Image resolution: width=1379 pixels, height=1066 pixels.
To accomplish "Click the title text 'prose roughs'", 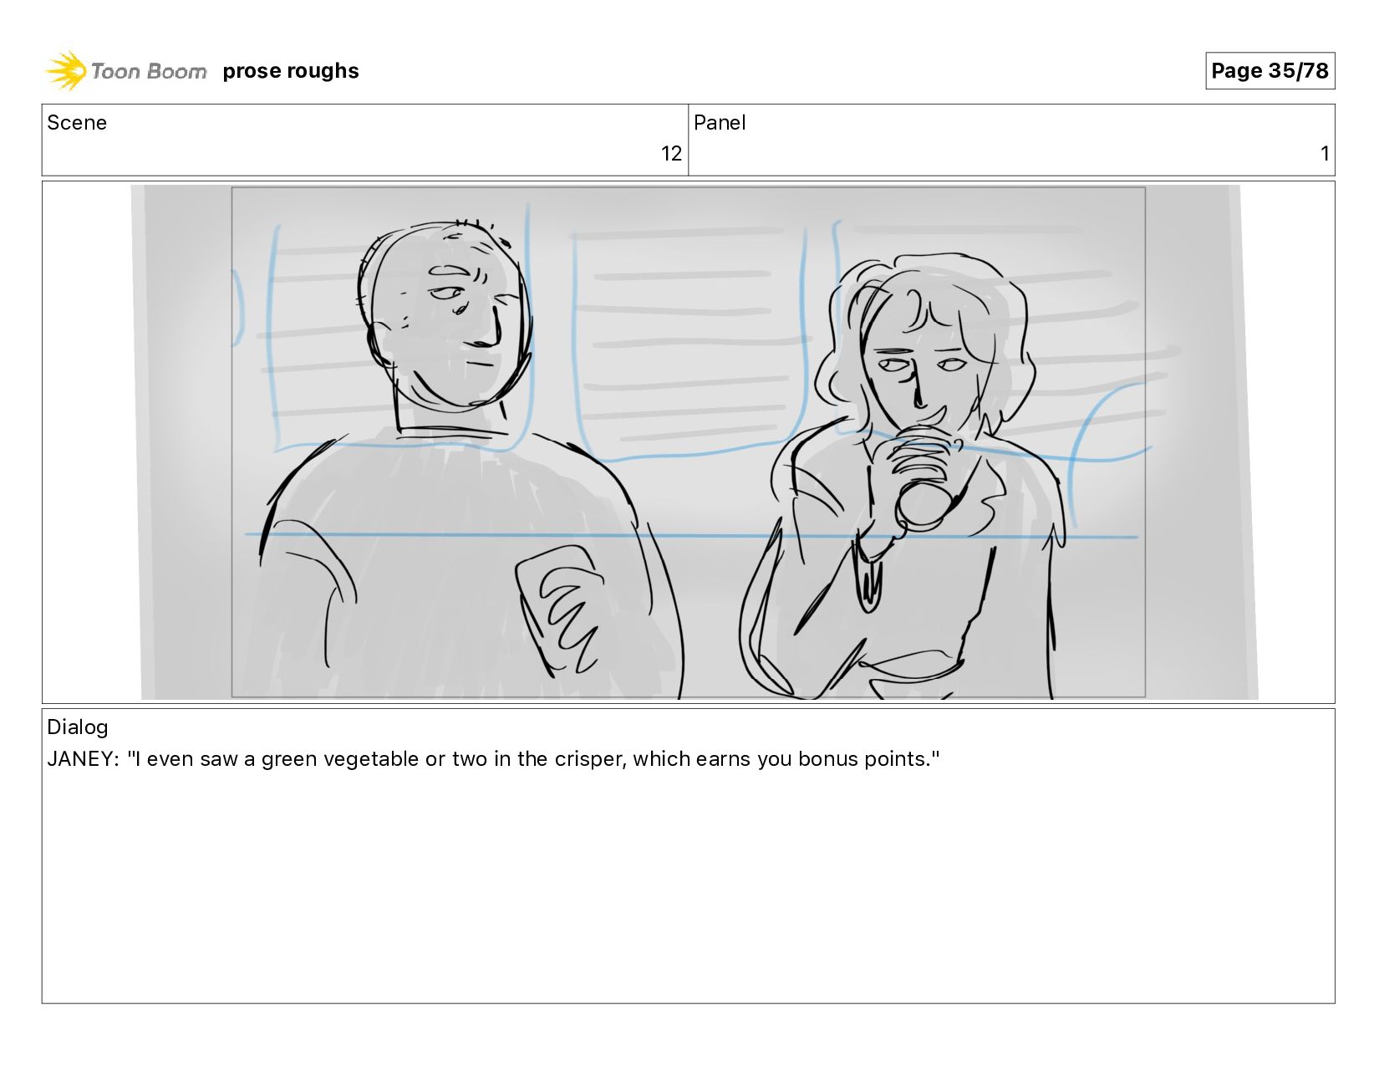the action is point(291,70).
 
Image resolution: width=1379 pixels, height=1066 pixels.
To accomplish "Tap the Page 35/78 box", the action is point(1270,70).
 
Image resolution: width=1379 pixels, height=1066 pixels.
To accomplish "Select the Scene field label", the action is point(77,123).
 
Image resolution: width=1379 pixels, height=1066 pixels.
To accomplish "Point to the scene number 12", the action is point(671,154).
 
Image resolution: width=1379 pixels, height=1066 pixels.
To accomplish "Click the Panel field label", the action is point(720,123).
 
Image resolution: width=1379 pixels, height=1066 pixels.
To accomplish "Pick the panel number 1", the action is point(1325,154).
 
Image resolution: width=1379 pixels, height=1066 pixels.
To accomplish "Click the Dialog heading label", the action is point(78,727).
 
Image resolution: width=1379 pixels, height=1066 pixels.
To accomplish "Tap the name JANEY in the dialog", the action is point(81,759).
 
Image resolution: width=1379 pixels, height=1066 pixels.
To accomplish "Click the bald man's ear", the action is point(381,344).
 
